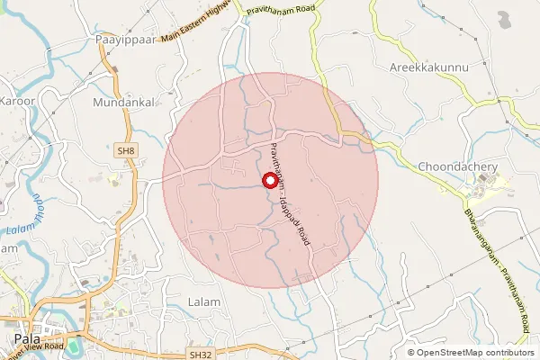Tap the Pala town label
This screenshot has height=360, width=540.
pyautogui.click(x=28, y=338)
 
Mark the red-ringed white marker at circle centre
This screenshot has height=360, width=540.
pyautogui.click(x=270, y=180)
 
